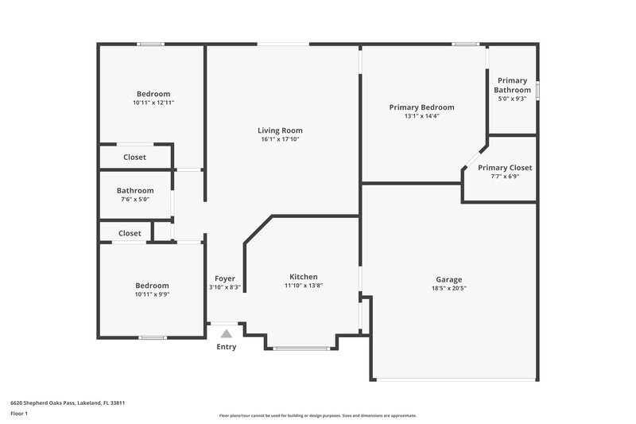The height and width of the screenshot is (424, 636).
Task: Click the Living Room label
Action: click(280, 130)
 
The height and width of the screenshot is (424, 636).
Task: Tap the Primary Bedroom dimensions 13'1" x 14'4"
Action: click(421, 116)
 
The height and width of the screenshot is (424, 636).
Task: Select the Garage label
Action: click(448, 279)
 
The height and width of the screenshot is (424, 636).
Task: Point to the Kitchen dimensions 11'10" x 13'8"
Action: click(304, 286)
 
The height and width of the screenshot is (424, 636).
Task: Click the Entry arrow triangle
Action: click(227, 334)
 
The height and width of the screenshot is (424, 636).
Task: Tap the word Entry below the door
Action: click(227, 347)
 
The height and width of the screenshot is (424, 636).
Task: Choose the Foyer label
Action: click(225, 278)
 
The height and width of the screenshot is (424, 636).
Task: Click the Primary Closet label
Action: click(505, 168)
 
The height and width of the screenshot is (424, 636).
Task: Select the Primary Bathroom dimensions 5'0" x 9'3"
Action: click(513, 99)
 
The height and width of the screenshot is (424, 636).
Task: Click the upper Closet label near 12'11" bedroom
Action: click(134, 158)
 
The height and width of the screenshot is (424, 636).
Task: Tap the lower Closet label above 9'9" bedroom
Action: click(130, 233)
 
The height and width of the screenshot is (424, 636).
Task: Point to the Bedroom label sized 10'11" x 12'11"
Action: click(153, 94)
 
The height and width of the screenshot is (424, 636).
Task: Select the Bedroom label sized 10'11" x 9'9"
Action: click(152, 286)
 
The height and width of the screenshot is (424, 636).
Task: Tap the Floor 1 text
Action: click(19, 414)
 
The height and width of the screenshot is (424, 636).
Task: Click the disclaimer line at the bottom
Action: click(317, 415)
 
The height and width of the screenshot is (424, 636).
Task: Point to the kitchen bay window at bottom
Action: click(301, 348)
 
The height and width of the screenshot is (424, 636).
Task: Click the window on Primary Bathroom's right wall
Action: click(537, 90)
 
